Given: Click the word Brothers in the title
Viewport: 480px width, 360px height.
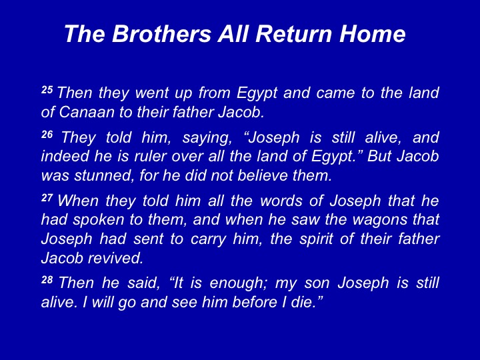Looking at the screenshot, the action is click(x=161, y=33).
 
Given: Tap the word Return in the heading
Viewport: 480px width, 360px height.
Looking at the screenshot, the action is click(x=293, y=33).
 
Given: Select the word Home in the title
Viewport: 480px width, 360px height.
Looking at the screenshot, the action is click(x=372, y=33).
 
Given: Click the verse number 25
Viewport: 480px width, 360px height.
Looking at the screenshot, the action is click(x=47, y=90).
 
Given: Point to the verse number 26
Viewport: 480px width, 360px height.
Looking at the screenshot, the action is click(x=47, y=135).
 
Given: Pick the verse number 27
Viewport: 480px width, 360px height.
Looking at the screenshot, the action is click(x=47, y=198).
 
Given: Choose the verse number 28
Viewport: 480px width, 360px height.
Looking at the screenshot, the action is click(x=47, y=279).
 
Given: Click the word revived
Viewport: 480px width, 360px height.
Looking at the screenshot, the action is click(x=116, y=258).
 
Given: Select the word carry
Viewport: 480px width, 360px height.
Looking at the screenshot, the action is click(x=208, y=240).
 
